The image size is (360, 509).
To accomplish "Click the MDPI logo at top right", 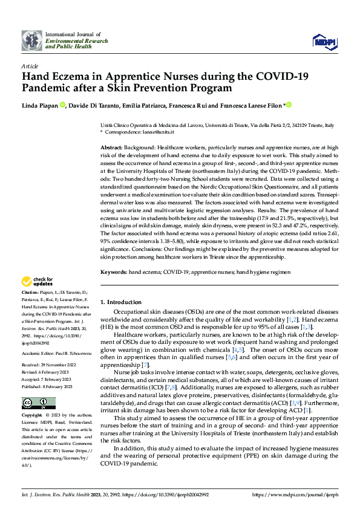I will (x=324, y=40).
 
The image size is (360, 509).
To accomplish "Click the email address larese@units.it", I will (x=158, y=132).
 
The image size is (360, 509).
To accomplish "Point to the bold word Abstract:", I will (x=112, y=148).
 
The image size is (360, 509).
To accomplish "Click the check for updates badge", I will (x=36, y=281).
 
